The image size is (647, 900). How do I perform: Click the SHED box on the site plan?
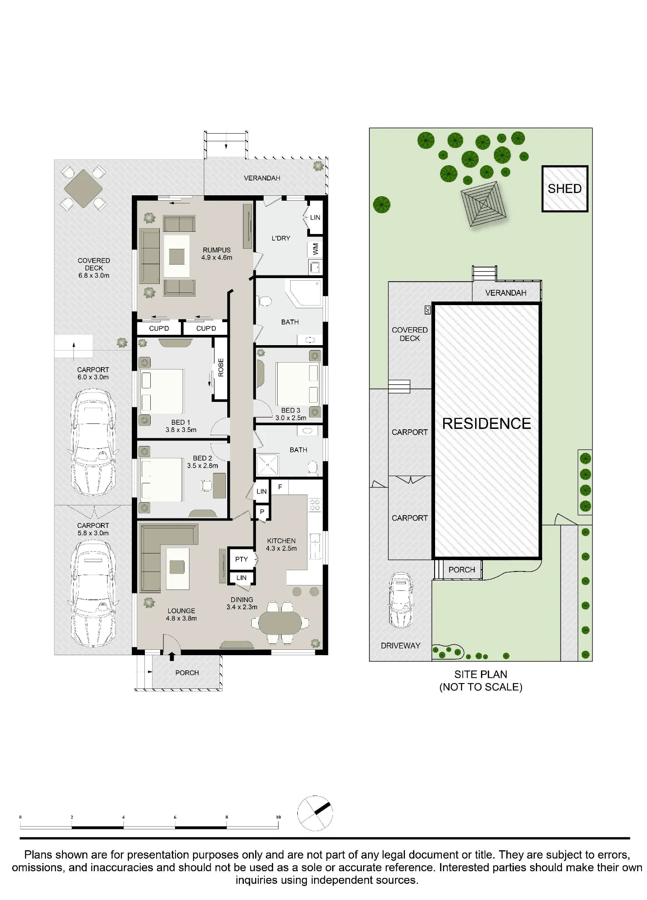pyautogui.click(x=565, y=189)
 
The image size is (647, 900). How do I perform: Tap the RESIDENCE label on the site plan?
pyautogui.click(x=486, y=423)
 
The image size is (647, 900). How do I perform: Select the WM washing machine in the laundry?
pyautogui.click(x=315, y=249)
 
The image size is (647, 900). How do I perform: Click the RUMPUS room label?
pyautogui.click(x=216, y=250)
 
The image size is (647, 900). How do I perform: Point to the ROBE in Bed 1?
pyautogui.click(x=220, y=368)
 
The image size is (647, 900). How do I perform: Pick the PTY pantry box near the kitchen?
pyautogui.click(x=241, y=559)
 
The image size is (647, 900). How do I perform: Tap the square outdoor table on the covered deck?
pyautogui.click(x=84, y=188)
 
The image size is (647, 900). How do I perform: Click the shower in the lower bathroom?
pyautogui.click(x=267, y=464)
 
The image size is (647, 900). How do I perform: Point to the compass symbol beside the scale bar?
pyautogui.click(x=315, y=813)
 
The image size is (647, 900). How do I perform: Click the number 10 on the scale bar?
pyautogui.click(x=278, y=817)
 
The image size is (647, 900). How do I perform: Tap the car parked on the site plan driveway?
pyautogui.click(x=400, y=600)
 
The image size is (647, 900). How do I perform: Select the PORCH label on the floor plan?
pyautogui.click(x=187, y=673)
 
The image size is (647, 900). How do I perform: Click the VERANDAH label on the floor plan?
pyautogui.click(x=262, y=178)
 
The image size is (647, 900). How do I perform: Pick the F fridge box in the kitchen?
pyautogui.click(x=280, y=487)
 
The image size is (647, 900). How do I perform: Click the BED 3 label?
pyautogui.click(x=290, y=410)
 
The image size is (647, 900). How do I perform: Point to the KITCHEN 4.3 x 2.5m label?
pyautogui.click(x=281, y=544)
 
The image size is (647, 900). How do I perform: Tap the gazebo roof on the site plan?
pyautogui.click(x=483, y=203)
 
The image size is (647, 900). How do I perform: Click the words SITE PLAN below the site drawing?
pyautogui.click(x=481, y=674)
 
